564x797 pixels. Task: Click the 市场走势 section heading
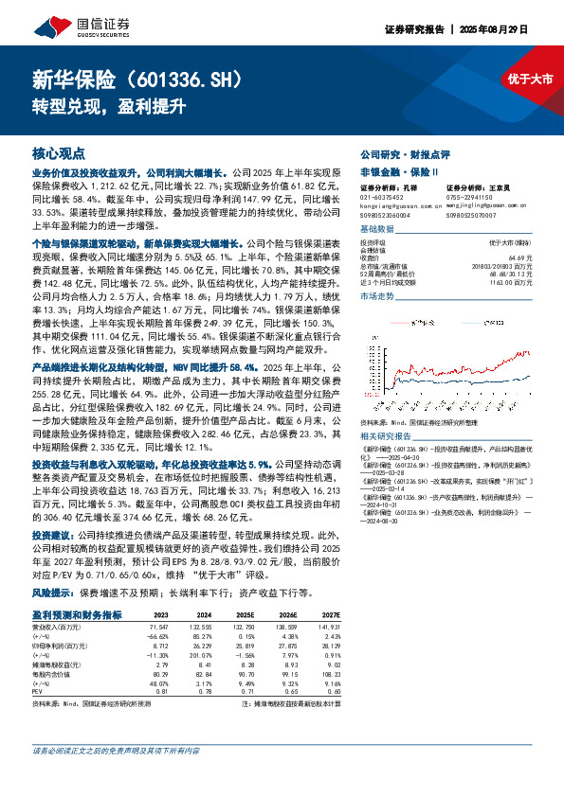(377, 296)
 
